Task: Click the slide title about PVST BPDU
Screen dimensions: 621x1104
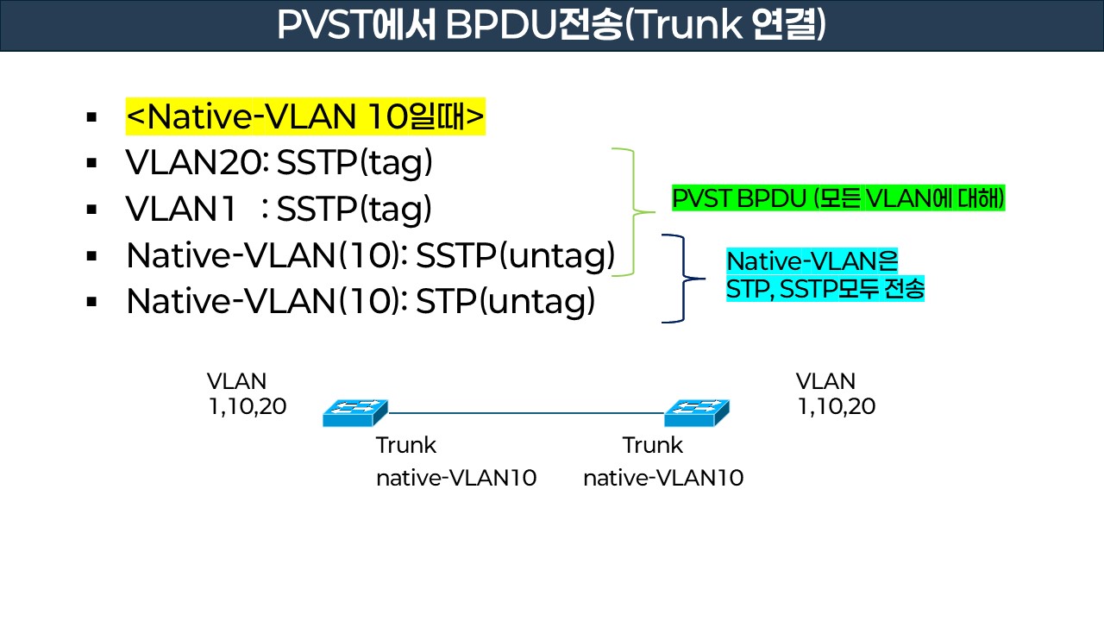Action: point(551,25)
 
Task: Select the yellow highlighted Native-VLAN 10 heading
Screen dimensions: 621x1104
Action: point(305,116)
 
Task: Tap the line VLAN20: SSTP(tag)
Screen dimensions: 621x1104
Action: point(279,163)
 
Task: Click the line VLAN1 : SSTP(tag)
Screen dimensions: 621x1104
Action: point(279,210)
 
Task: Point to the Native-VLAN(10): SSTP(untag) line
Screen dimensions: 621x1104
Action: point(370,255)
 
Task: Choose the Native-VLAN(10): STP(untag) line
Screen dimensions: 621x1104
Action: point(361,301)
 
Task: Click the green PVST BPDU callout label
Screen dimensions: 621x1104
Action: point(838,199)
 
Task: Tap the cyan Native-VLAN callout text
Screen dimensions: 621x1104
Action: point(825,275)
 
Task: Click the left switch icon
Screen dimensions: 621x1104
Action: point(354,413)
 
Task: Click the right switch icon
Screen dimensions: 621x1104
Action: point(696,413)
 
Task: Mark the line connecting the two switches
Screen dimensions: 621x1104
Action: point(526,413)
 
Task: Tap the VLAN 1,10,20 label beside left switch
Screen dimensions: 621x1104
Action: point(247,394)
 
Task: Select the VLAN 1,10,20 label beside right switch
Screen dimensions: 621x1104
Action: point(835,394)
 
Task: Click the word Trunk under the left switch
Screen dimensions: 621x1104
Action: point(405,446)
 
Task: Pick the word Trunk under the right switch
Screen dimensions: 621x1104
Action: point(652,446)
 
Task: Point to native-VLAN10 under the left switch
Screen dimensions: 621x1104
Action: point(455,478)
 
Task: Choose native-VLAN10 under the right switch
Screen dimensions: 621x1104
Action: point(662,478)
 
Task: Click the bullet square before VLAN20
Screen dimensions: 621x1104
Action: point(91,164)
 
